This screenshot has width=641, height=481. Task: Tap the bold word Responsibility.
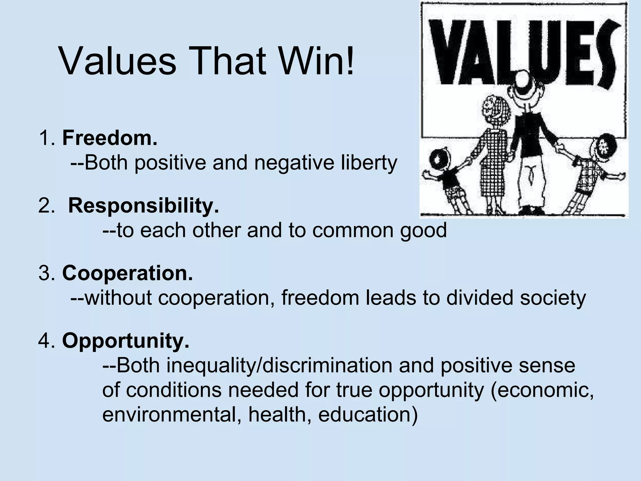[x=144, y=206]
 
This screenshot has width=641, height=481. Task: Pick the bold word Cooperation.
[x=127, y=273]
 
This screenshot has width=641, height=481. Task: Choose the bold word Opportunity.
[x=126, y=341]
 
